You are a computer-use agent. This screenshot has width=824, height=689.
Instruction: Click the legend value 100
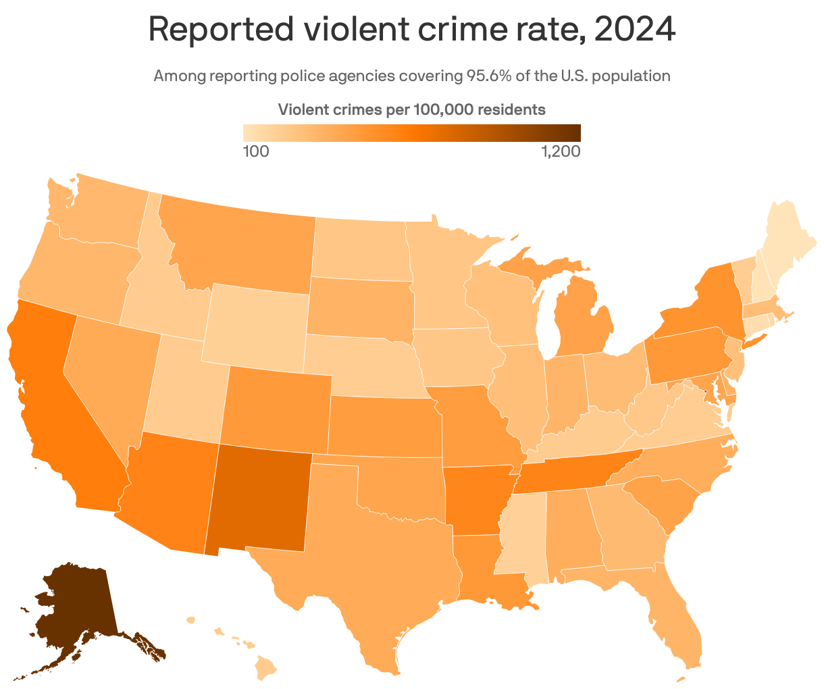[x=256, y=151]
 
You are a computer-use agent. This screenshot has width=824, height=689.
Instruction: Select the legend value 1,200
[x=561, y=151]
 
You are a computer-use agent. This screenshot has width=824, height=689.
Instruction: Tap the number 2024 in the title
[x=635, y=30]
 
